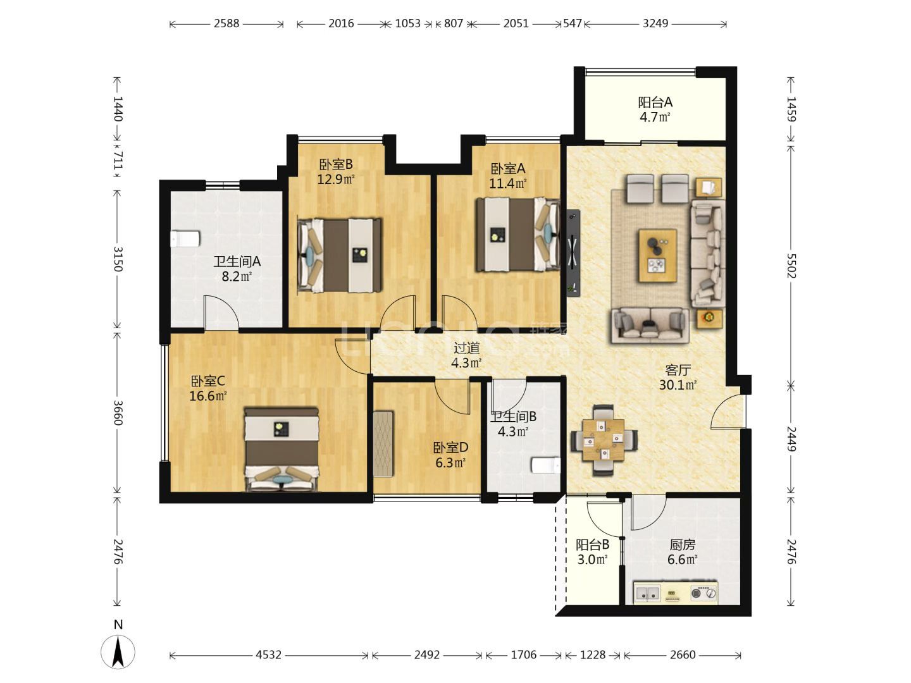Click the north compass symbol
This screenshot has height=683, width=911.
point(118,651)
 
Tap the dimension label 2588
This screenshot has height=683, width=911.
point(226,23)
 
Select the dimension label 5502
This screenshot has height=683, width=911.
point(791,266)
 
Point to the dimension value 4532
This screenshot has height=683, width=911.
point(268,655)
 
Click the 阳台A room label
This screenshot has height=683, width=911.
point(655,102)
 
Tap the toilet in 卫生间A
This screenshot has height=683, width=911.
point(185,239)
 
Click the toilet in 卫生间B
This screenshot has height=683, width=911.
point(546,465)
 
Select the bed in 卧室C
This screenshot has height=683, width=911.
point(282,450)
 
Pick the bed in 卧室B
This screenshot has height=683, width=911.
point(340,255)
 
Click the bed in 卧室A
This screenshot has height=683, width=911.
point(517,235)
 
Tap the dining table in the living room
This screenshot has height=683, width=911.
point(604,440)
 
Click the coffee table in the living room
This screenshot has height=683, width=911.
point(658,256)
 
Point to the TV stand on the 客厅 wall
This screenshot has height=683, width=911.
point(574,252)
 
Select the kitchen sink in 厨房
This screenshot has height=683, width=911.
point(647,593)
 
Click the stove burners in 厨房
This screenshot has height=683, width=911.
point(704,593)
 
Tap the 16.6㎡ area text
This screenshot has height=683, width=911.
point(208,396)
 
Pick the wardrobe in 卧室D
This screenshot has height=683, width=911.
point(383,444)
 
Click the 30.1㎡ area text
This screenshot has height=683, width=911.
point(678,385)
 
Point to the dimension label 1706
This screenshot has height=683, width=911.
point(523,655)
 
